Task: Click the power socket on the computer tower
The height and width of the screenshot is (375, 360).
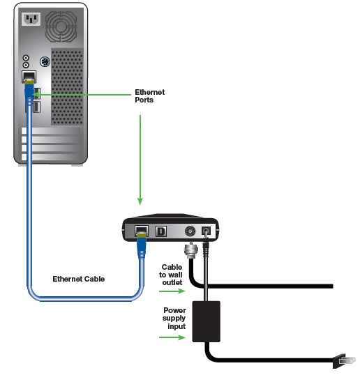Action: (31, 19)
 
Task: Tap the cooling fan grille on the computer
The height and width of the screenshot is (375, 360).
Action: (61, 26)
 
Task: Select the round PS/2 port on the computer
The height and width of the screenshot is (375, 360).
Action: (45, 62)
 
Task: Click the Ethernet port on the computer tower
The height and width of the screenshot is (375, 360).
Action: (29, 77)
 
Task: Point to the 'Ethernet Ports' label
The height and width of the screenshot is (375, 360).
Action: (149, 96)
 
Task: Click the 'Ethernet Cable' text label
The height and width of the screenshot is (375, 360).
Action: (79, 279)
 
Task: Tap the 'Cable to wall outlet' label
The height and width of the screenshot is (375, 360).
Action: (171, 275)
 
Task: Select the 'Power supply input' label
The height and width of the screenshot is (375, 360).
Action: (174, 319)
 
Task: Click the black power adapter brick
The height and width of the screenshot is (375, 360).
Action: (206, 321)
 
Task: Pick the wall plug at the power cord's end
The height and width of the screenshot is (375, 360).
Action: (344, 360)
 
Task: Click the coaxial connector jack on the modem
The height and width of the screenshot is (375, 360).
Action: (190, 231)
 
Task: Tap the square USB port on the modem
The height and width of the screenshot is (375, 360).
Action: (161, 231)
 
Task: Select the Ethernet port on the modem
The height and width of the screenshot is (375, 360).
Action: (142, 231)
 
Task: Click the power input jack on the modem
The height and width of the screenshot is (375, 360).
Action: (206, 231)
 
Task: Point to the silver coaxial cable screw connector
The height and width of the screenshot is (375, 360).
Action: (191, 250)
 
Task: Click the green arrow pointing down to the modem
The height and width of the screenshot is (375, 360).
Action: (140, 160)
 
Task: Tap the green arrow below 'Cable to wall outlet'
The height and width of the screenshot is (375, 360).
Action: (172, 291)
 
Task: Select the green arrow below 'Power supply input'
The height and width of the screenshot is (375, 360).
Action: (172, 337)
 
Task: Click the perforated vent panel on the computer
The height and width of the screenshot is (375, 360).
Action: (67, 86)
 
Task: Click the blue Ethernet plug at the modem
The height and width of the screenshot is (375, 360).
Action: (142, 246)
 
